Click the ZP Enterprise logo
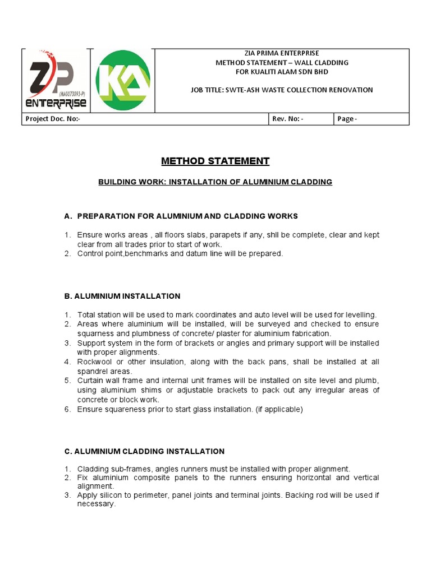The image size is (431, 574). pyautogui.click(x=55, y=80)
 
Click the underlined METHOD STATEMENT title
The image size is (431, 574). pyautogui.click(x=215, y=161)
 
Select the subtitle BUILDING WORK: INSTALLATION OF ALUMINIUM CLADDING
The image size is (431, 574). pyautogui.click(x=215, y=182)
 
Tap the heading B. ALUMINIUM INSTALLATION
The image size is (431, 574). pyautogui.click(x=122, y=296)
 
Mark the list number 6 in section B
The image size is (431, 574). pyautogui.click(x=67, y=410)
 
